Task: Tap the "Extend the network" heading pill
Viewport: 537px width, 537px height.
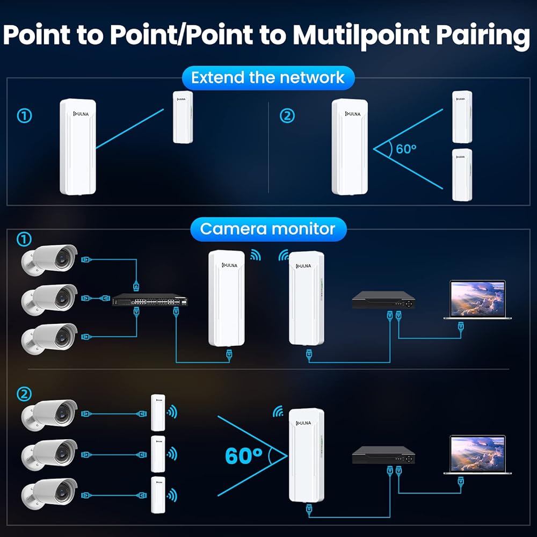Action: coord(267,77)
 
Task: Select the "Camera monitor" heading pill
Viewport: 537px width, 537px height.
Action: coord(267,229)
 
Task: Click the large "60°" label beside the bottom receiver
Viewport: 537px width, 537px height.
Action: coord(244,455)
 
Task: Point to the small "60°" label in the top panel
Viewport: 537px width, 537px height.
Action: coord(406,149)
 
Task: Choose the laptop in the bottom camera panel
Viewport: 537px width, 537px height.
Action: coord(477,455)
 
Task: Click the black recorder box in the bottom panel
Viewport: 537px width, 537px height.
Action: coord(384,456)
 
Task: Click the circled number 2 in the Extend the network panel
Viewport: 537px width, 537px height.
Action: coord(288,115)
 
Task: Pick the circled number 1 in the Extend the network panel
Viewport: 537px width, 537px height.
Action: coord(25,115)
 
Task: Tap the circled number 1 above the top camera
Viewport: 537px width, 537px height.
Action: coord(25,238)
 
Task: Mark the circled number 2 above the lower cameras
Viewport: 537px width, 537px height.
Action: coord(25,394)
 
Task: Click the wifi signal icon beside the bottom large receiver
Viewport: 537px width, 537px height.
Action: coord(278,412)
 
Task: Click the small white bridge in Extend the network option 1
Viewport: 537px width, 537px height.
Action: coord(183,117)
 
